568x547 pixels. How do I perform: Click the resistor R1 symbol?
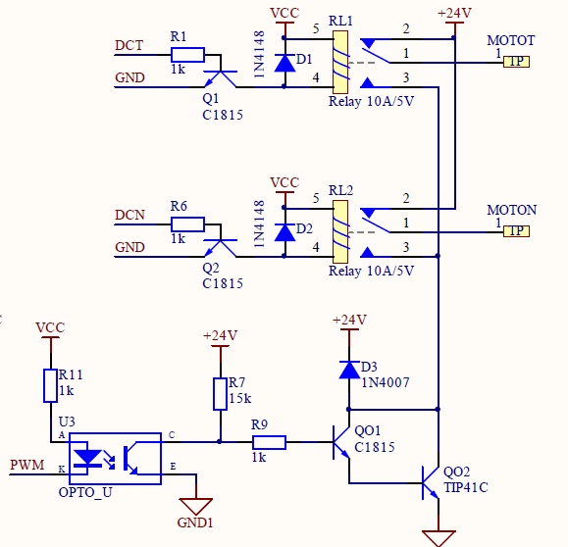187,55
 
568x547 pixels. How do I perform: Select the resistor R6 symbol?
187,224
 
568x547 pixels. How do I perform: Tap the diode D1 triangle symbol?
284,63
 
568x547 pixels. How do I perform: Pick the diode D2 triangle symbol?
284,232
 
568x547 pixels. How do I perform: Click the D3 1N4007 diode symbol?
349,370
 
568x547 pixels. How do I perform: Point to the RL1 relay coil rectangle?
340,63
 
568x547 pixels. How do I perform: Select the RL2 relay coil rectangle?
340,231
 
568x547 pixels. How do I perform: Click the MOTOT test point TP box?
516,62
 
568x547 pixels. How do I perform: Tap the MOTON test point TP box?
516,231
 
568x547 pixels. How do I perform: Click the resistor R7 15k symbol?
220,394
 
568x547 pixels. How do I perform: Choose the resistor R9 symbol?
269,442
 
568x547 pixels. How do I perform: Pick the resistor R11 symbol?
50,385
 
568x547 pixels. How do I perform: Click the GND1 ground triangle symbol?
195,506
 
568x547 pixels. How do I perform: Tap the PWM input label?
27,465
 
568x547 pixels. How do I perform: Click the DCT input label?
129,46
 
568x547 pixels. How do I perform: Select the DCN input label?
129,215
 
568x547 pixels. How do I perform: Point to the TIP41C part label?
466,487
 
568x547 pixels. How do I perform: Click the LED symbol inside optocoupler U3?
87,458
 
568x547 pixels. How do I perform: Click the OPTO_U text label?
85,492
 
